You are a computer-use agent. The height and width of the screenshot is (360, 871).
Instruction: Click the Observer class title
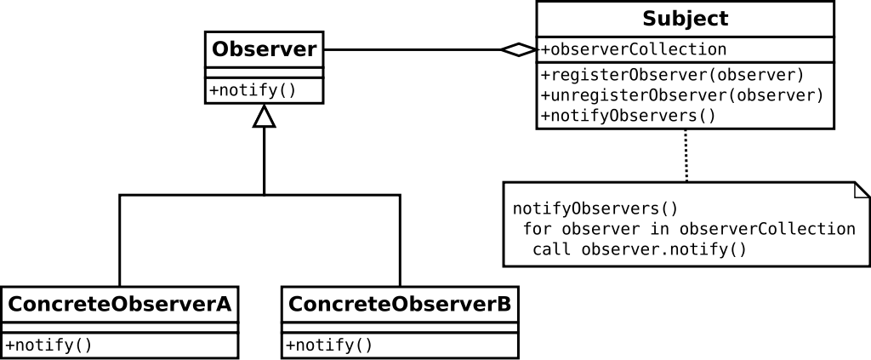coord(264,49)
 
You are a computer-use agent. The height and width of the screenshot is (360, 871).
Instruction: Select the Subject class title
coord(685,19)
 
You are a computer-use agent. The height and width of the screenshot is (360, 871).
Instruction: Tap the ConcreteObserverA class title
coord(120,304)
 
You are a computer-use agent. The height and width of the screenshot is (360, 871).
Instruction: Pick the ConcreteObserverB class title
coord(400,304)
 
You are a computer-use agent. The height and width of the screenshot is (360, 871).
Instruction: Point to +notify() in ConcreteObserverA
coord(48,345)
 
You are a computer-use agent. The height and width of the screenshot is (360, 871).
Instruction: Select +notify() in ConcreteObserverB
coord(329,345)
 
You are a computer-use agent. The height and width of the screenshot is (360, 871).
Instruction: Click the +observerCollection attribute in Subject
coord(634,49)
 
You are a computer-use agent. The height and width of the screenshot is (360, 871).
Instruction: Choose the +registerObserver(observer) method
coord(672,74)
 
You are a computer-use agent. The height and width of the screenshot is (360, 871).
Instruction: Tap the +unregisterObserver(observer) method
coord(682,94)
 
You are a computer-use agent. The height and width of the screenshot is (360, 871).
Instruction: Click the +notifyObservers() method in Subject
coord(628,115)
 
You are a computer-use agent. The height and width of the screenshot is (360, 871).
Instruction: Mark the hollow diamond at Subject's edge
coord(518,49)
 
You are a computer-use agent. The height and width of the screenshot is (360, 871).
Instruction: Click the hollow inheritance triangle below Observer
coord(265,118)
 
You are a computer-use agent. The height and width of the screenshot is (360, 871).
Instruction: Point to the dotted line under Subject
coord(686,155)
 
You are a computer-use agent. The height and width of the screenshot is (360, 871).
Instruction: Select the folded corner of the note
coord(861,190)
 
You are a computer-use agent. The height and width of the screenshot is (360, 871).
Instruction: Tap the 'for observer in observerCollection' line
coord(689,229)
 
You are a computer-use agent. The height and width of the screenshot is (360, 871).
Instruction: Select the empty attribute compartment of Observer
coord(264,72)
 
